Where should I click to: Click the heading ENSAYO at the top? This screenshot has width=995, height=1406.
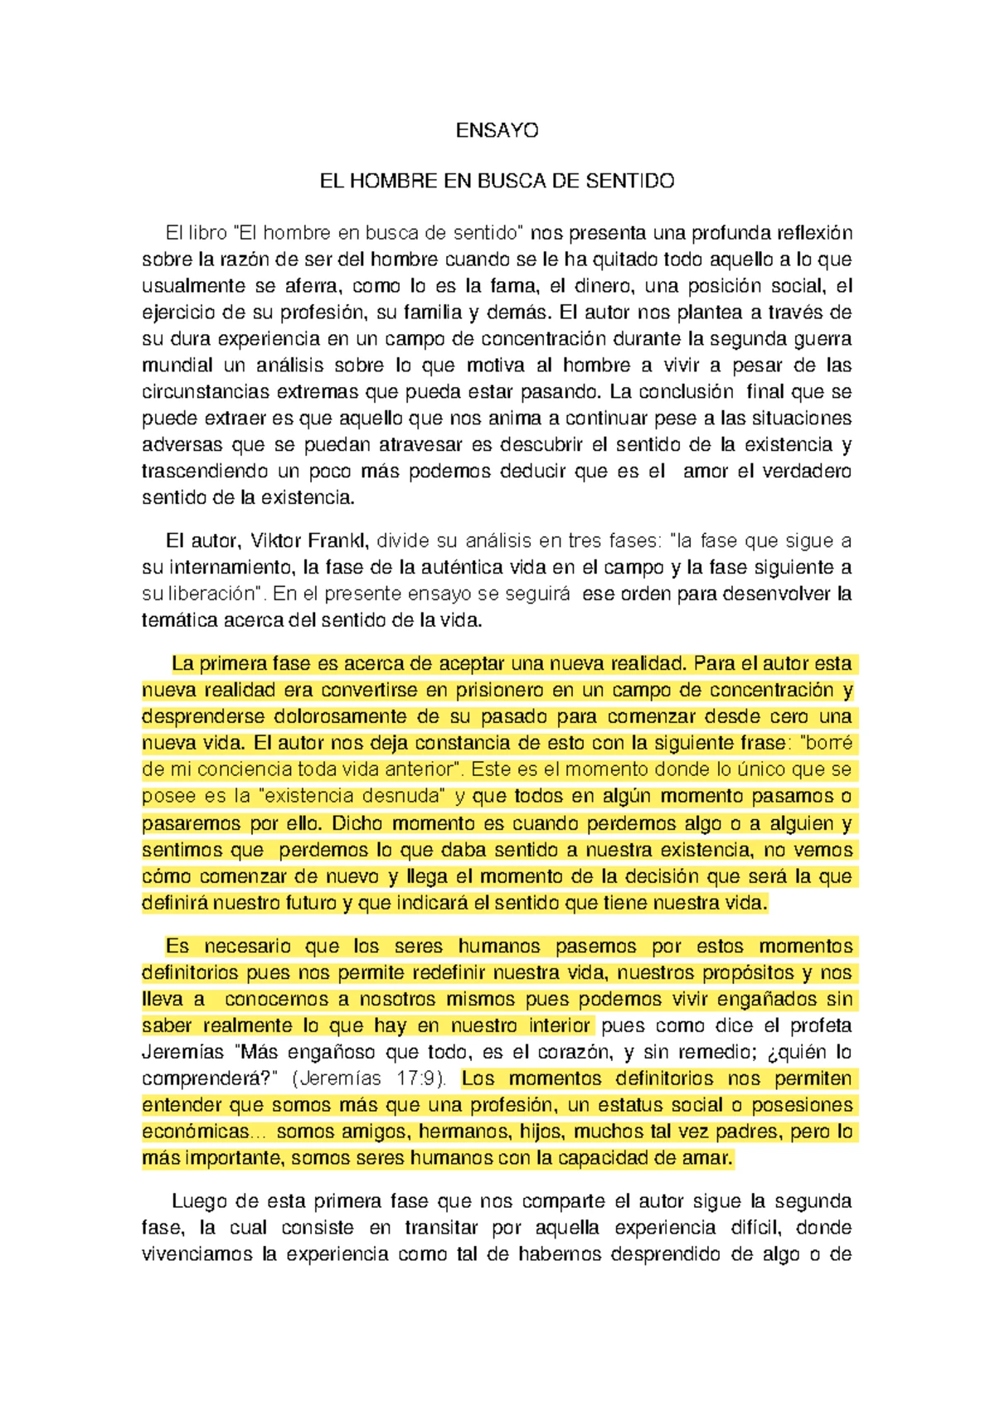497,130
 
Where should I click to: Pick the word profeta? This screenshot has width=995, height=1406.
820,1025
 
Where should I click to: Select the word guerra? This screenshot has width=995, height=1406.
823,339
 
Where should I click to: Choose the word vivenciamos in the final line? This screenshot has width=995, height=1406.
197,1254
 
